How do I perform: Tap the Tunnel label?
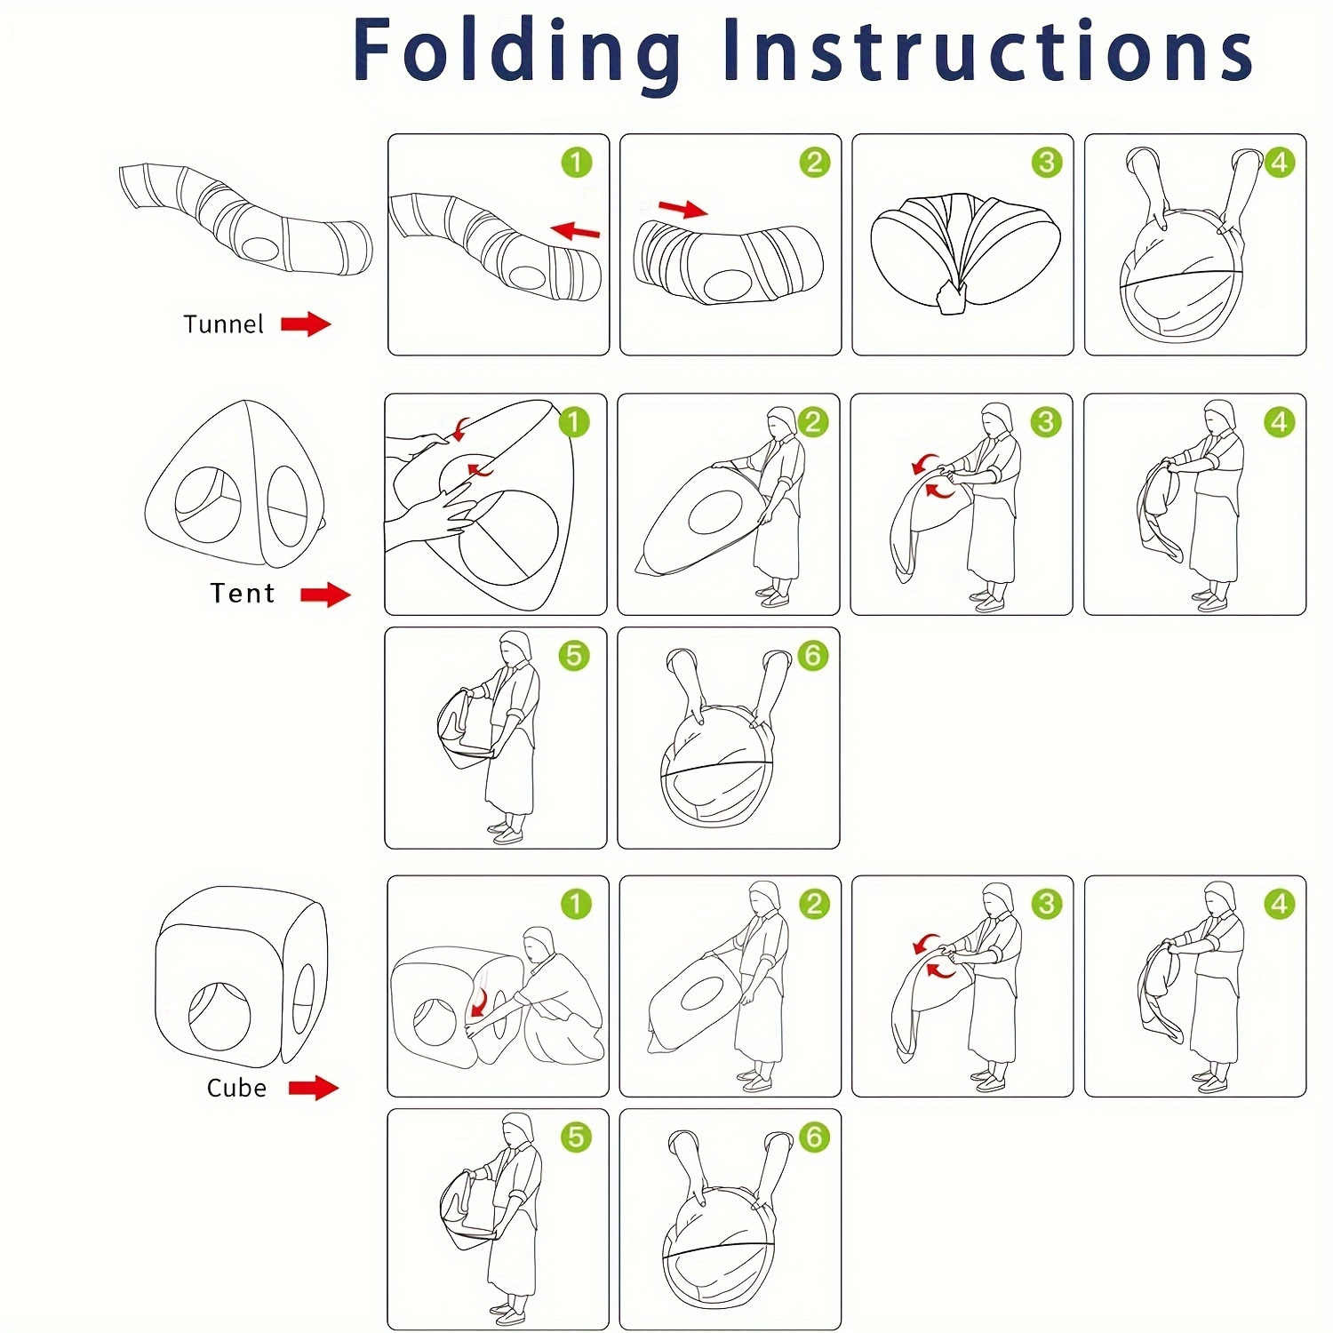click(x=223, y=324)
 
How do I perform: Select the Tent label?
click(x=242, y=593)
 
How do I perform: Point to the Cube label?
click(x=236, y=1088)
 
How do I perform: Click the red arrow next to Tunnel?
click(x=306, y=324)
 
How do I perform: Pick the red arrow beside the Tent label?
click(x=325, y=595)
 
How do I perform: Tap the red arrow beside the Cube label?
click(x=314, y=1087)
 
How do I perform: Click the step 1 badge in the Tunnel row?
click(x=576, y=163)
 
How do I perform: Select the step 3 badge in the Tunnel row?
click(x=1047, y=163)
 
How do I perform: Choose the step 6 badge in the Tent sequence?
click(x=812, y=656)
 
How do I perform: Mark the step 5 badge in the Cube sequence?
click(x=576, y=1137)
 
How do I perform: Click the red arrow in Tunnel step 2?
click(x=682, y=209)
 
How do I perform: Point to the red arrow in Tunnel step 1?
click(x=575, y=232)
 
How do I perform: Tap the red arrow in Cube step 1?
click(x=480, y=1002)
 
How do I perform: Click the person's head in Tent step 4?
click(x=1220, y=415)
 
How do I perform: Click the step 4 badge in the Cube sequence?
click(x=1280, y=905)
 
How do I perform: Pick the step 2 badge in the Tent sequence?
click(x=812, y=422)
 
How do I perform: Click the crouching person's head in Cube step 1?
click(x=539, y=943)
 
